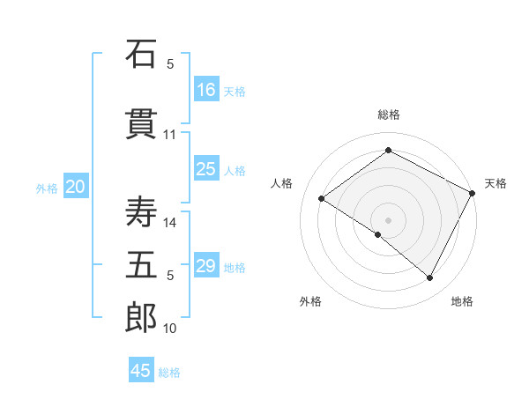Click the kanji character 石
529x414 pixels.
click(x=141, y=54)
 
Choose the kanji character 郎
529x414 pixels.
click(x=141, y=318)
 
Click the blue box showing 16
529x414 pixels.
click(x=206, y=89)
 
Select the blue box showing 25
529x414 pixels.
click(x=206, y=169)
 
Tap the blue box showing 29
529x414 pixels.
click(x=206, y=266)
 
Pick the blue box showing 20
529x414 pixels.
click(x=75, y=187)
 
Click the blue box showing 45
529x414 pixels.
click(x=141, y=371)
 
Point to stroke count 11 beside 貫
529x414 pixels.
click(x=170, y=135)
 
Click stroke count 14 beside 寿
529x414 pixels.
click(x=170, y=223)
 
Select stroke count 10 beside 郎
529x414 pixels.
click(x=170, y=329)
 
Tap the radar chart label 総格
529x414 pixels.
click(x=388, y=115)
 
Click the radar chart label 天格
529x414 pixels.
click(x=495, y=183)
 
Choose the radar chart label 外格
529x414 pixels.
click(x=310, y=301)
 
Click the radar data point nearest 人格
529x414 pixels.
click(x=322, y=198)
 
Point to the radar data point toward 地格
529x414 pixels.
click(x=430, y=278)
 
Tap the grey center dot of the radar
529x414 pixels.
click(x=388, y=219)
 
